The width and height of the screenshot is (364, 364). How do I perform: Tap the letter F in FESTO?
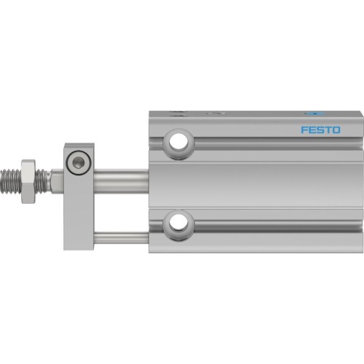point(305,131)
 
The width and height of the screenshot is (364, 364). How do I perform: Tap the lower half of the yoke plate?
point(78,218)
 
